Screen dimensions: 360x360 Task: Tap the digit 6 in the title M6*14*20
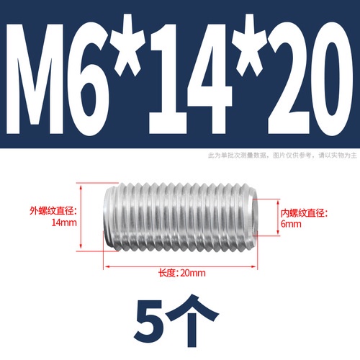[89, 78]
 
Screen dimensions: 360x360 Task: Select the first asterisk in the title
[130, 45]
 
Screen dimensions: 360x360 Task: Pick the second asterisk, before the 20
[251, 45]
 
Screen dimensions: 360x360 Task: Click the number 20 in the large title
[310, 78]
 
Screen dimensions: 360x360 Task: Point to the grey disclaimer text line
[282, 156]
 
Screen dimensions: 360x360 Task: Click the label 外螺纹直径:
[53, 211]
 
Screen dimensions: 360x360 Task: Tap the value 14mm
[64, 222]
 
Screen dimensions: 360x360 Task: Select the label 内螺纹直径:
[305, 213]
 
